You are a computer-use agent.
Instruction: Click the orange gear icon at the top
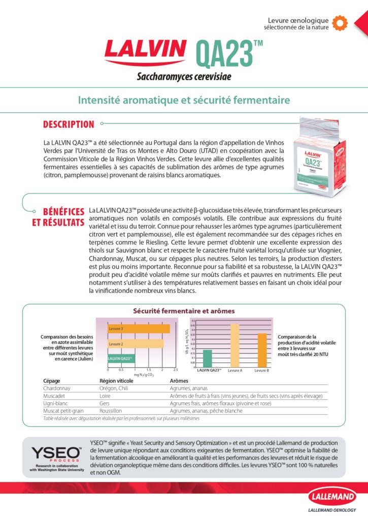click(340, 21)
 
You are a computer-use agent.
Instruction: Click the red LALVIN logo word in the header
click(145, 50)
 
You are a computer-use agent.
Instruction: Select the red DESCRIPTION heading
click(69, 124)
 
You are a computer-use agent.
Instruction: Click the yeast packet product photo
click(322, 155)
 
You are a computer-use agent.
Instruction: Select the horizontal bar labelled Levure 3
click(139, 329)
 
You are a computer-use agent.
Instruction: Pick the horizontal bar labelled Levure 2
click(136, 344)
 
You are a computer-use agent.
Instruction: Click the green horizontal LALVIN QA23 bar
click(121, 359)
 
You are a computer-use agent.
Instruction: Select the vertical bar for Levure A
click(235, 345)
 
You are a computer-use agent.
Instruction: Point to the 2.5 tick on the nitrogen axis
click(175, 370)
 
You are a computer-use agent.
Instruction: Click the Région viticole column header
click(116, 380)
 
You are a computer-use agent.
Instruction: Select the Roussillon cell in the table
click(113, 411)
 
